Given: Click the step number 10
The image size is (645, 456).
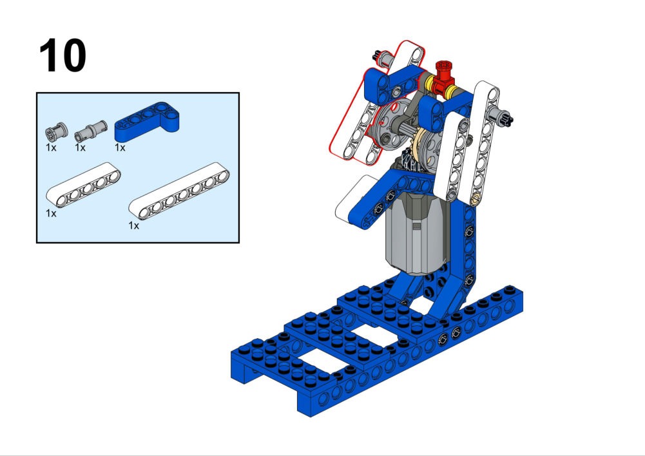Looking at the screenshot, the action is [63, 55].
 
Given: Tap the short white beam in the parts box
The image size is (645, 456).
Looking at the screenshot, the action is [83, 185].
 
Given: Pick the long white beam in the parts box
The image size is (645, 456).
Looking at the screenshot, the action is [179, 191].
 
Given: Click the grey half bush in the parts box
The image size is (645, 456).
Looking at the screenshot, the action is [56, 131].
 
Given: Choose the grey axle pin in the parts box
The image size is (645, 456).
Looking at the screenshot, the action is [90, 131].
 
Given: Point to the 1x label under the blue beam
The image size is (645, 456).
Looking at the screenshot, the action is [120, 147].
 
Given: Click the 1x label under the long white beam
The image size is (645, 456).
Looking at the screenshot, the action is [133, 225].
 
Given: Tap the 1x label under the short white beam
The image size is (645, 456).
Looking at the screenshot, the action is [51, 213].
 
